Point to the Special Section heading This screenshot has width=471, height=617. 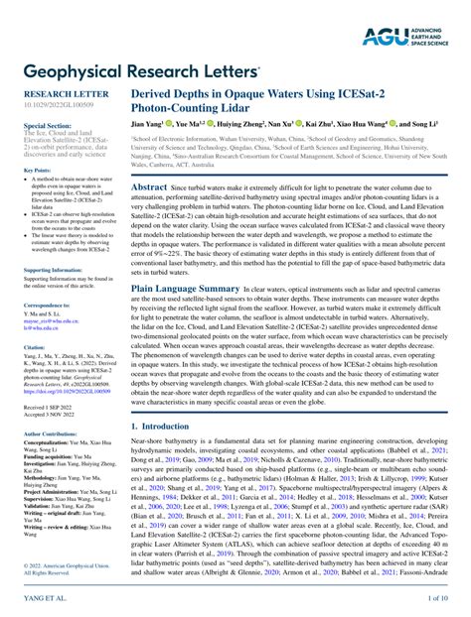[x=48, y=127]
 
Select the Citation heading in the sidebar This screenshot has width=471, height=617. [x=34, y=349]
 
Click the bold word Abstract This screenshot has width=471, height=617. [x=149, y=186]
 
